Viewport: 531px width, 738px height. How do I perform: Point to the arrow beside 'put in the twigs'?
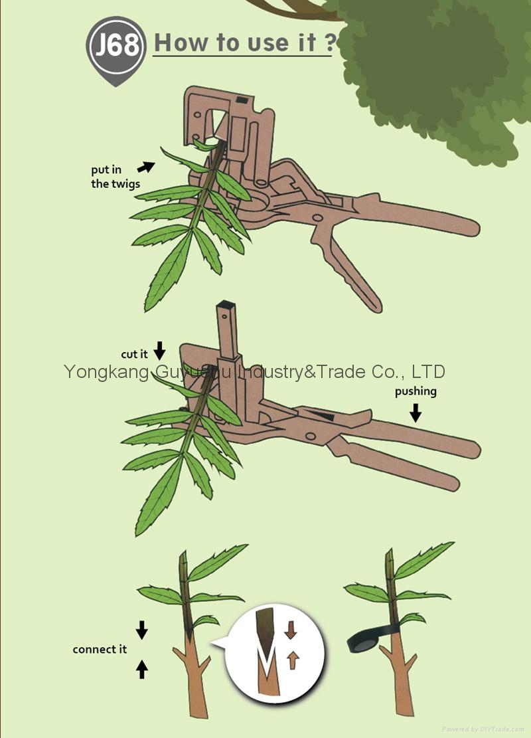point(147,167)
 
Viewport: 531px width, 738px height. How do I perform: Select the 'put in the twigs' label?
point(115,177)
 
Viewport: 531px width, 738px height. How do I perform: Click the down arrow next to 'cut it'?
point(159,350)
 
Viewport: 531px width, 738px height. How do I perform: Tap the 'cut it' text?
point(134,355)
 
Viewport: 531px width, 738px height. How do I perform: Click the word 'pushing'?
point(416,391)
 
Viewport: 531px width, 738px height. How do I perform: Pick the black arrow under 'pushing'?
point(416,413)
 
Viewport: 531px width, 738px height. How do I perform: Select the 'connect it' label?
point(100,649)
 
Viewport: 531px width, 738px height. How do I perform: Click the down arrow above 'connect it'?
point(141,629)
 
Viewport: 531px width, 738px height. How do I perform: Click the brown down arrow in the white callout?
point(290,630)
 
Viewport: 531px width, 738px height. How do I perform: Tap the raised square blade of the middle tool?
point(225,332)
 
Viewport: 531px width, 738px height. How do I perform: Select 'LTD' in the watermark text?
point(429,371)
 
